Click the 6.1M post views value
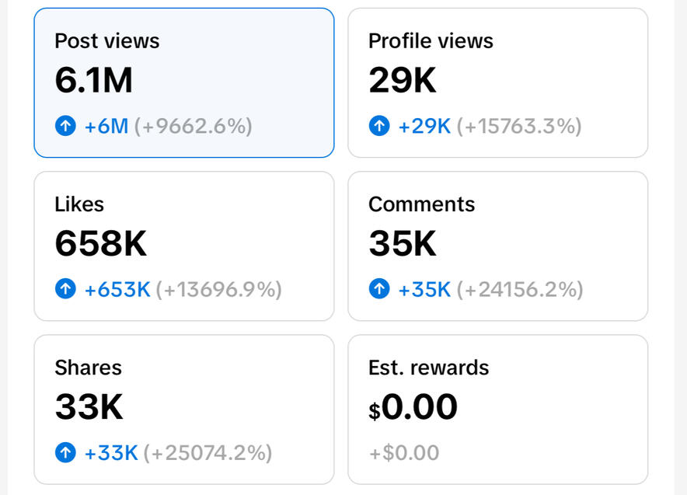coord(93,81)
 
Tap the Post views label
coord(106,41)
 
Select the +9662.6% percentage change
coord(194,126)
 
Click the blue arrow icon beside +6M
coord(66,126)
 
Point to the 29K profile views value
coord(402,81)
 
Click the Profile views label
coord(431,41)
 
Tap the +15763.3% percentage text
coord(519,126)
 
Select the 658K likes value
coord(100,244)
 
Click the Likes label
coord(79,204)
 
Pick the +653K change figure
coord(117,290)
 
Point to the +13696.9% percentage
coord(219,290)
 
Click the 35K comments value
coord(402,244)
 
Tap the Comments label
coord(421,204)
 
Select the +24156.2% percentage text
coord(520,290)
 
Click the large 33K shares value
coord(89,407)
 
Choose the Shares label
coord(88,368)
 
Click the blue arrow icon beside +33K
coord(66,452)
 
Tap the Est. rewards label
coord(428,368)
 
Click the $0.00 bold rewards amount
coord(413,407)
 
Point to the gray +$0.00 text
coord(403,452)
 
